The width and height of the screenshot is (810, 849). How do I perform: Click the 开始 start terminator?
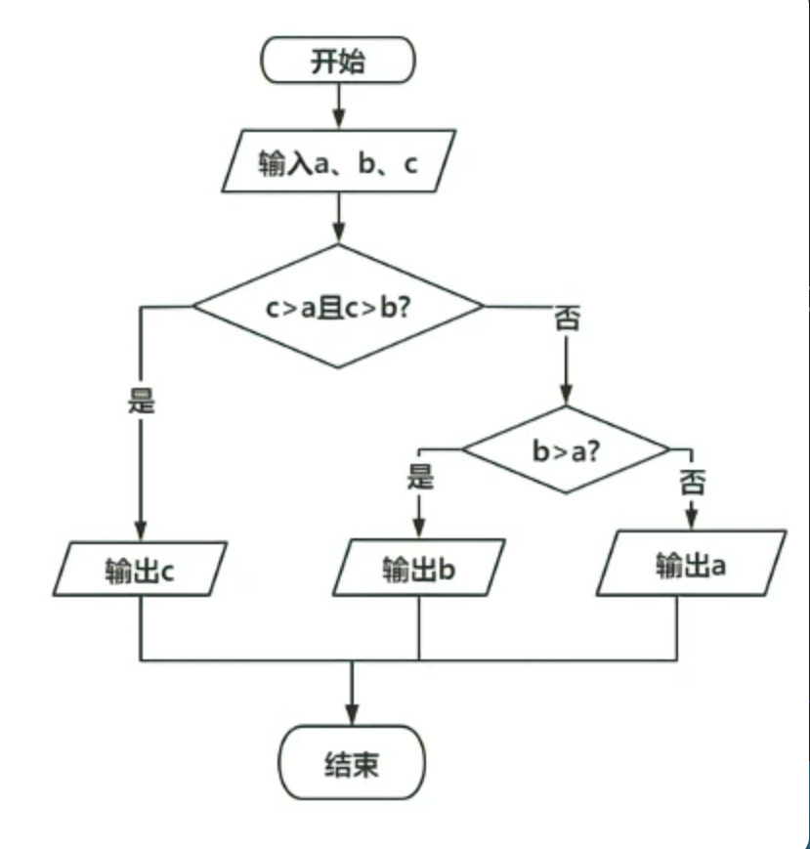tap(338, 61)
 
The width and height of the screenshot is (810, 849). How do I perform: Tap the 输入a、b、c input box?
tap(338, 162)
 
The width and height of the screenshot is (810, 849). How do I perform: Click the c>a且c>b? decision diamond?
tap(338, 306)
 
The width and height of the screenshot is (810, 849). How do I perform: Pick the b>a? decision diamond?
tap(566, 450)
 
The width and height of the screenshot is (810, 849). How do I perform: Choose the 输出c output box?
tap(141, 570)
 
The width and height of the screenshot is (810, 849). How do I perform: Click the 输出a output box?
tap(691, 564)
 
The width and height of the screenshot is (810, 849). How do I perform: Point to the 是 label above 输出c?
tap(142, 400)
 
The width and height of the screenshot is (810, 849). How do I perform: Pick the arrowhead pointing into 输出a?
tap(691, 517)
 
